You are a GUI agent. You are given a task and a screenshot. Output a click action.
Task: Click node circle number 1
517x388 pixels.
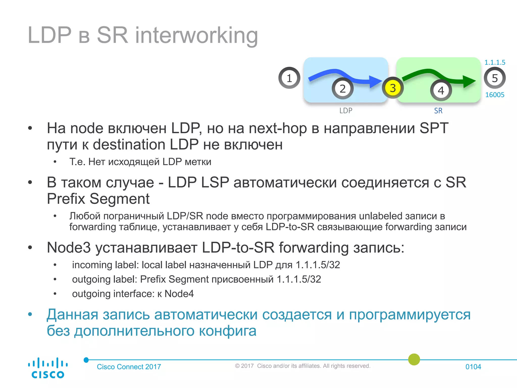pyautogui.click(x=289, y=78)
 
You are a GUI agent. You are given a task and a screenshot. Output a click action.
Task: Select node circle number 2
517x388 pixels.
pyautogui.click(x=343, y=89)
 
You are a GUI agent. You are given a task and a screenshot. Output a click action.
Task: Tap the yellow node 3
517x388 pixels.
pyautogui.click(x=393, y=88)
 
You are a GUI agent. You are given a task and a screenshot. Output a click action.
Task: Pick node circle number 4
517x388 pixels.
pyautogui.click(x=441, y=90)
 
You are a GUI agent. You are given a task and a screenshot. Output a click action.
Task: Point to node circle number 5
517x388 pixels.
pyautogui.click(x=495, y=78)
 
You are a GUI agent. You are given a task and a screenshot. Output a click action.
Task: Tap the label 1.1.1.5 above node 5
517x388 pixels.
pyautogui.click(x=495, y=62)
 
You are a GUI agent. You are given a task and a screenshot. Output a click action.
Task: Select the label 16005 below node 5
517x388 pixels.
pyautogui.click(x=495, y=95)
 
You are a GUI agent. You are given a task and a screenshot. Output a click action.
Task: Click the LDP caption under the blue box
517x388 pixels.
pyautogui.click(x=346, y=111)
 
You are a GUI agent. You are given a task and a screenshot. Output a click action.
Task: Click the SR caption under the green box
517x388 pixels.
pyautogui.click(x=438, y=111)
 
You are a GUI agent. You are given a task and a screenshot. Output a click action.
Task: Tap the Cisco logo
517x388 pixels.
pyautogui.click(x=48, y=368)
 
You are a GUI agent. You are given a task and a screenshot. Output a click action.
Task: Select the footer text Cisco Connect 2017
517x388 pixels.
pyautogui.click(x=129, y=367)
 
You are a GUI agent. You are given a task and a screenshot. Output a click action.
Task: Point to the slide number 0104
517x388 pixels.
pyautogui.click(x=473, y=367)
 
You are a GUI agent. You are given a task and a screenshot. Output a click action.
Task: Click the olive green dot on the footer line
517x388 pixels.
pyautogui.click(x=414, y=359)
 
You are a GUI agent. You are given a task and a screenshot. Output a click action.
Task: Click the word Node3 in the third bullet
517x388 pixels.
pyautogui.click(x=69, y=248)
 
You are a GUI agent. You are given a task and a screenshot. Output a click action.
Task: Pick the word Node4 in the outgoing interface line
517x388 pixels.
pyautogui.click(x=179, y=294)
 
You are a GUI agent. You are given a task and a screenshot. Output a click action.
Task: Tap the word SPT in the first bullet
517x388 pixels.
pyautogui.click(x=434, y=128)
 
